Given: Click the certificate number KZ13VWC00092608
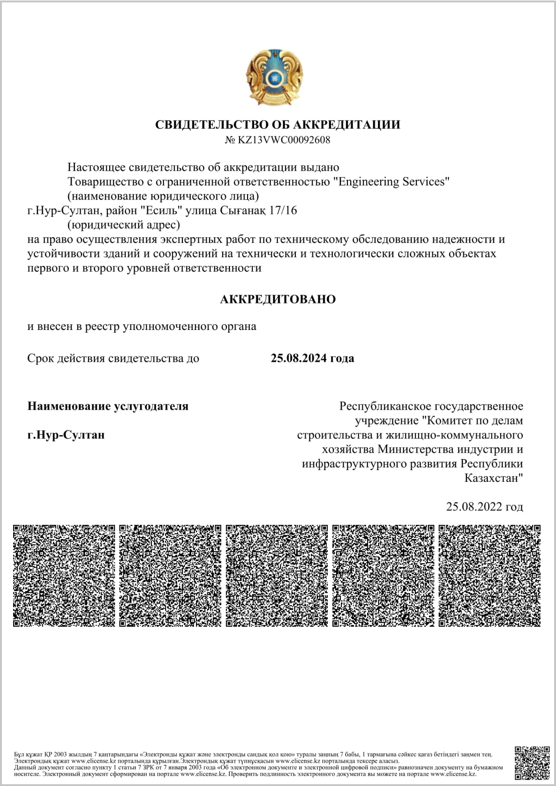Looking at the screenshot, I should tap(284, 140).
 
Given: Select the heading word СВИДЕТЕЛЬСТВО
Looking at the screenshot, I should tap(212, 125).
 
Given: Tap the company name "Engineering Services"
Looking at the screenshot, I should tap(391, 182).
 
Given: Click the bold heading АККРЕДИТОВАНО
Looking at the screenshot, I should tap(278, 299).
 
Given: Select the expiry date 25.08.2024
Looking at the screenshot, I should tap(299, 359).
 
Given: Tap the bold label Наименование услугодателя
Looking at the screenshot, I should tap(108, 406).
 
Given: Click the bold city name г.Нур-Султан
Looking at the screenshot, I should tap(66, 435).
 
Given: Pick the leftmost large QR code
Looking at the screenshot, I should tap(64, 576).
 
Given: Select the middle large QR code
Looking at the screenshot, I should tap(277, 576).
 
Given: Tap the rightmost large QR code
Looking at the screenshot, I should tap(489, 576).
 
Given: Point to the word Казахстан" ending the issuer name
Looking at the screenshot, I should tap(494, 479).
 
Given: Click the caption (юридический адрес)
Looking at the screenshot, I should tap(124, 225).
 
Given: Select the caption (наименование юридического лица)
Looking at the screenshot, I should tap(163, 196).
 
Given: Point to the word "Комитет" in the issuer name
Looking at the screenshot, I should tap(449, 420).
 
